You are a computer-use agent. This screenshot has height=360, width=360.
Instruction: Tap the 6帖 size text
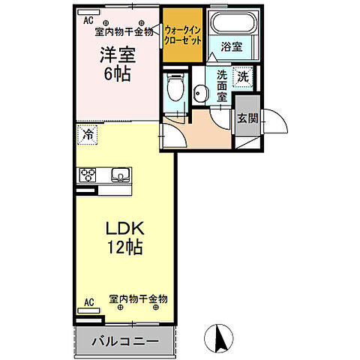(117, 73)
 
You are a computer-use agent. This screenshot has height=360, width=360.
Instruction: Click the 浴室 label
(232, 46)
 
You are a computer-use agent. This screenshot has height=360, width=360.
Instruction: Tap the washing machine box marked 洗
(243, 76)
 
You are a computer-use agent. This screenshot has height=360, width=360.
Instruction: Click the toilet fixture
(174, 88)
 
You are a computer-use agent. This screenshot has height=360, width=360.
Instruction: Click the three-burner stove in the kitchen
(88, 176)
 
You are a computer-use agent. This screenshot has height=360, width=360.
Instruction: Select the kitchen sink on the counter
(120, 176)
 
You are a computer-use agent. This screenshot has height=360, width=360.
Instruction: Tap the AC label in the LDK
(89, 302)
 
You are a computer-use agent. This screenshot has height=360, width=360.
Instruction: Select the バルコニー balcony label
(125, 341)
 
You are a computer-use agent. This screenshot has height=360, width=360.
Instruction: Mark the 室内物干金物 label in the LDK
(139, 298)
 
